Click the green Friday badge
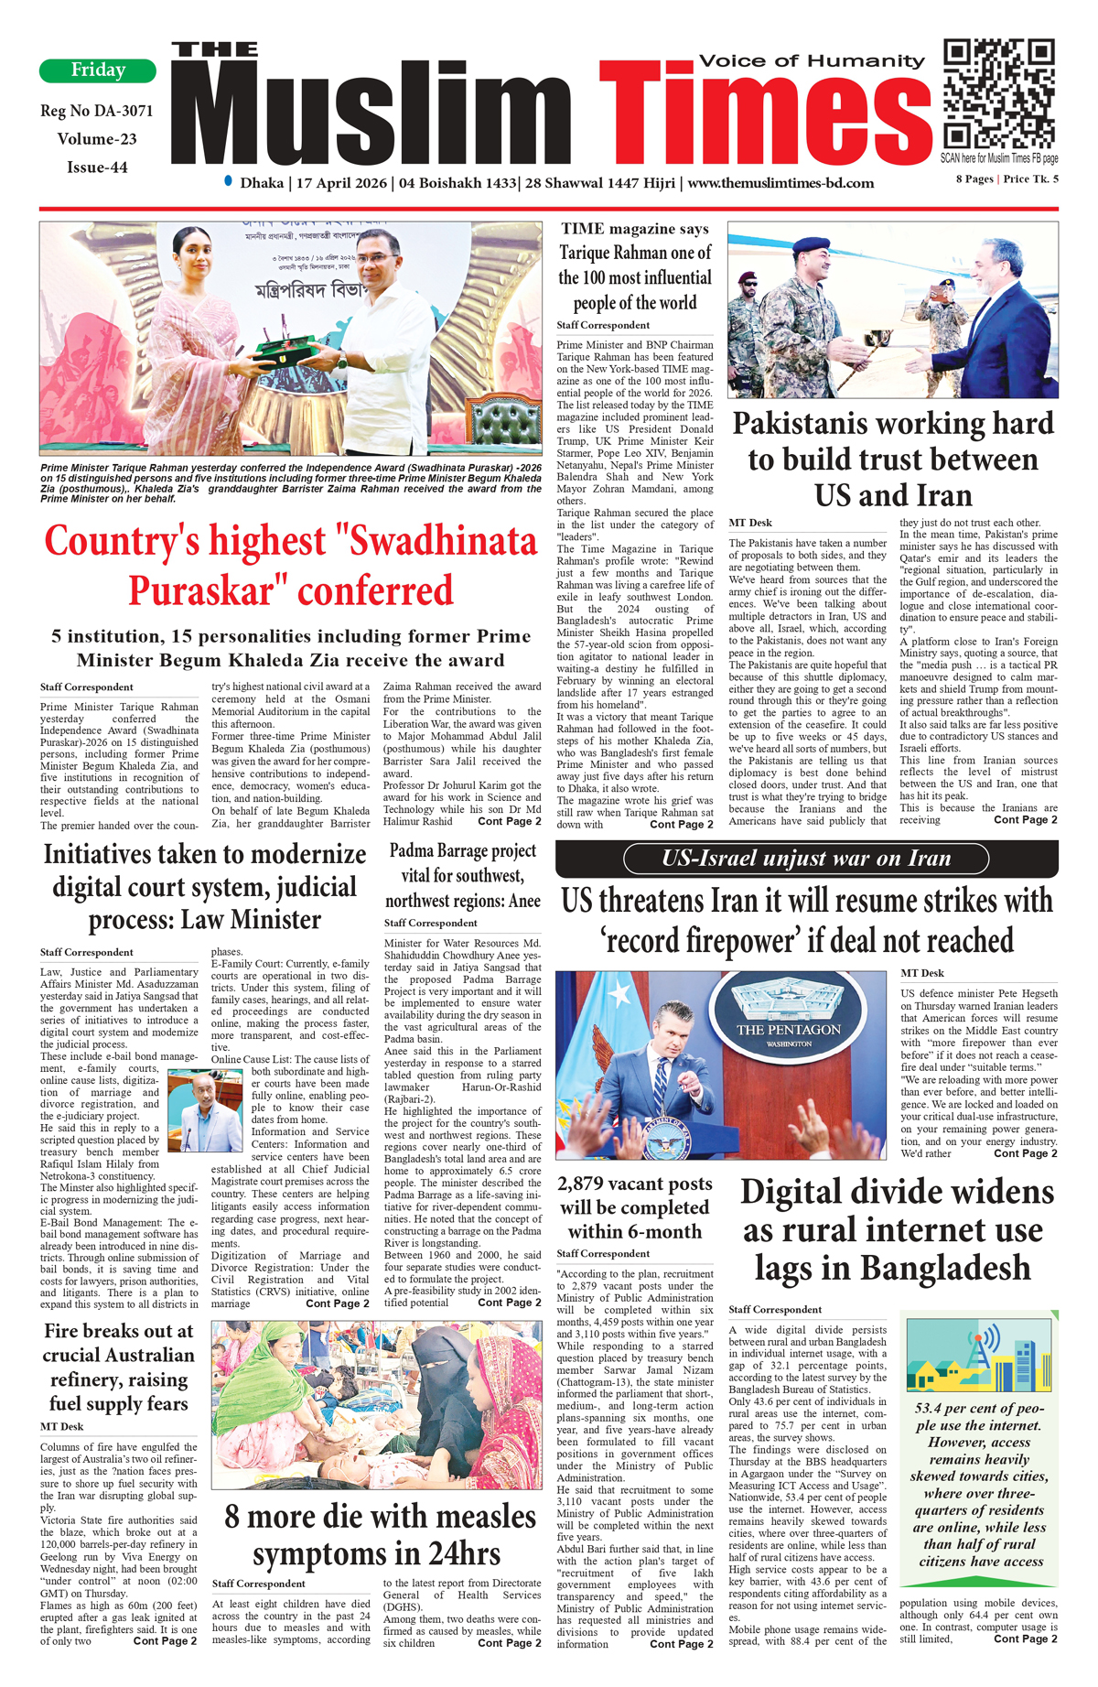[x=98, y=70]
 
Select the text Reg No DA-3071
[x=97, y=112]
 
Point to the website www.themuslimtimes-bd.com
[x=780, y=183]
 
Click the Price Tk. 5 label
[x=1031, y=179]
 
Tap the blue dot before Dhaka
[x=228, y=181]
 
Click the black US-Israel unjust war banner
[x=806, y=859]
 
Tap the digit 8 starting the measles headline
[x=232, y=1517]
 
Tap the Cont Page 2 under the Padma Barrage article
[x=509, y=1303]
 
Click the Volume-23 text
[x=97, y=139]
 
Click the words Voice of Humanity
[x=812, y=61]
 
